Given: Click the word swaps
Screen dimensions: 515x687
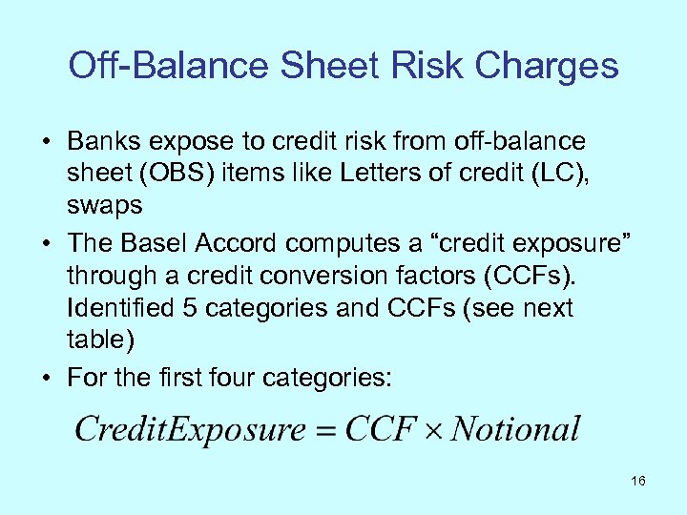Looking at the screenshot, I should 104,204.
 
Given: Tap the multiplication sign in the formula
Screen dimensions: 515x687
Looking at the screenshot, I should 430,430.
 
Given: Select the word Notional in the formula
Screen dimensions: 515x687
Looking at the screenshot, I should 515,428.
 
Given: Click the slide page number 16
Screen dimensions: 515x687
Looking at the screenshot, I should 637,481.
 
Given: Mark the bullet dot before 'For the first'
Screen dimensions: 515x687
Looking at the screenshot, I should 47,378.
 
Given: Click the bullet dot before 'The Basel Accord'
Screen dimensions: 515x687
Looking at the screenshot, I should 47,245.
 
